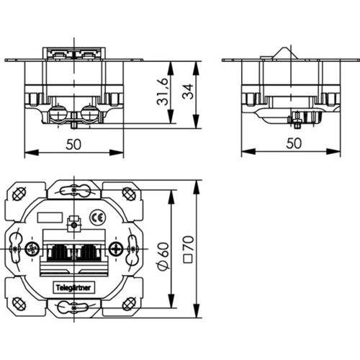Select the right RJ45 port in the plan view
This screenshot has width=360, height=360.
coord(85,252)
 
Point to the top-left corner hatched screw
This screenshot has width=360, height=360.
coord(14,194)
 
